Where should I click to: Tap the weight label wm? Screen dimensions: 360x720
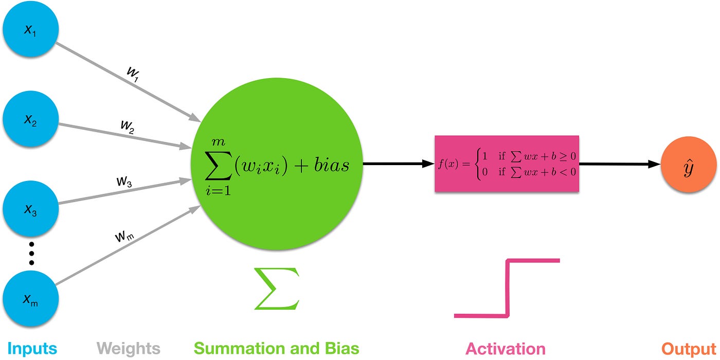pyautogui.click(x=123, y=237)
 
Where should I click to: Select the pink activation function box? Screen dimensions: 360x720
pyautogui.click(x=507, y=164)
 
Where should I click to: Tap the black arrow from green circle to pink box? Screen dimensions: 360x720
pyautogui.click(x=399, y=164)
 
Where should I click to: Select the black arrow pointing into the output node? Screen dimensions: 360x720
pyautogui.click(x=620, y=164)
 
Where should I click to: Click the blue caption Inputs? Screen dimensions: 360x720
pyautogui.click(x=32, y=349)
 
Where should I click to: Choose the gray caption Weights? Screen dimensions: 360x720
pyautogui.click(x=128, y=349)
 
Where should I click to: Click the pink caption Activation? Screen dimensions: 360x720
pyautogui.click(x=505, y=349)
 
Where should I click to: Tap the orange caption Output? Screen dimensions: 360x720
pyautogui.click(x=688, y=349)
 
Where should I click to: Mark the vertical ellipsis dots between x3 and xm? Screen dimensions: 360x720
pyautogui.click(x=31, y=253)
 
